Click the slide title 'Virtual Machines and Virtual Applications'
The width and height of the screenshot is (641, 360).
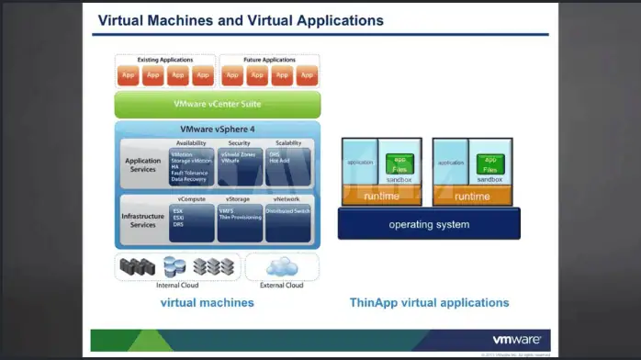tap(241, 20)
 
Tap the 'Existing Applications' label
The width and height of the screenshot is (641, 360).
tap(165, 59)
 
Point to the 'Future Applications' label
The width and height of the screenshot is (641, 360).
tap(269, 59)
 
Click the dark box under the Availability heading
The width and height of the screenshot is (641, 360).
tap(191, 167)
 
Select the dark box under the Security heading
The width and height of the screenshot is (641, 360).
tap(240, 167)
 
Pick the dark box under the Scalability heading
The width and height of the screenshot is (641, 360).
tap(288, 167)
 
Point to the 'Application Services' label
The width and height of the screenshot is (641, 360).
tap(143, 164)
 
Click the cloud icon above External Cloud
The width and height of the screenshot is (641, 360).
tap(282, 267)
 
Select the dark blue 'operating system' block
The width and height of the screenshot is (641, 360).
tap(428, 224)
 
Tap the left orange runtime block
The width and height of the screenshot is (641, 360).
tap(381, 196)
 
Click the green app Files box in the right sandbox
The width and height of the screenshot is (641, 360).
tap(489, 165)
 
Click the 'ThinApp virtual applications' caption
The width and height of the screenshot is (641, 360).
tap(429, 302)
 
